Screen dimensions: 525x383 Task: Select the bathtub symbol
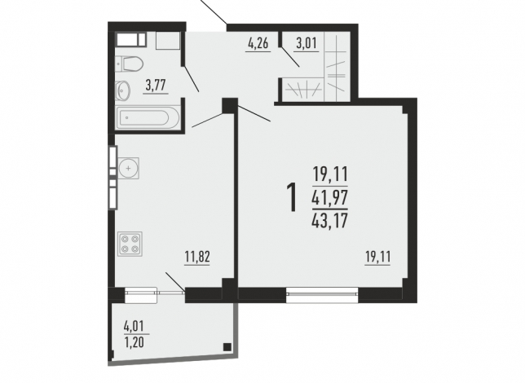pyautogui.click(x=148, y=117)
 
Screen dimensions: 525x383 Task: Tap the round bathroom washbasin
pyautogui.click(x=123, y=90)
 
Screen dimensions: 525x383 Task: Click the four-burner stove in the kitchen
pyautogui.click(x=130, y=244)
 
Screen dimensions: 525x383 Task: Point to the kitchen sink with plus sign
pyautogui.click(x=129, y=168)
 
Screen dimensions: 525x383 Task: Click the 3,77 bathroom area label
pyautogui.click(x=156, y=86)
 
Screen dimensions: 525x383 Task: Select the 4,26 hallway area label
pyautogui.click(x=258, y=43)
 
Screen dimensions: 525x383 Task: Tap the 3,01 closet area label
pyautogui.click(x=307, y=43)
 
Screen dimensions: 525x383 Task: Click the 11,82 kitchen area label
pyautogui.click(x=197, y=257)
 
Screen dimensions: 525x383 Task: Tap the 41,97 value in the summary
pyautogui.click(x=330, y=197)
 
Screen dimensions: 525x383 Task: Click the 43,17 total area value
pyautogui.click(x=330, y=220)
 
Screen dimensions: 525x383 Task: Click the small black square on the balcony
pyautogui.click(x=227, y=347)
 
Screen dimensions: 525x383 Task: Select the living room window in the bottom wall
pyautogui.click(x=322, y=294)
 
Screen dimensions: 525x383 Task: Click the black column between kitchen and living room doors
pyautogui.click(x=230, y=105)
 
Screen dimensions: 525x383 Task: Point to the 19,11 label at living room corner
pyautogui.click(x=377, y=258)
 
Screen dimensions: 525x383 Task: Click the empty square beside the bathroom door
pyautogui.click(x=168, y=41)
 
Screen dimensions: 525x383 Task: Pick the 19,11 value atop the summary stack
pyautogui.click(x=330, y=174)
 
